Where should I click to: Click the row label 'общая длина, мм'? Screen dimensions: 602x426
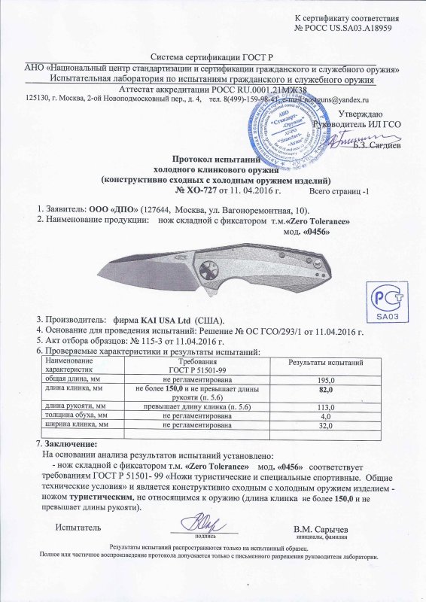pos(74,379)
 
